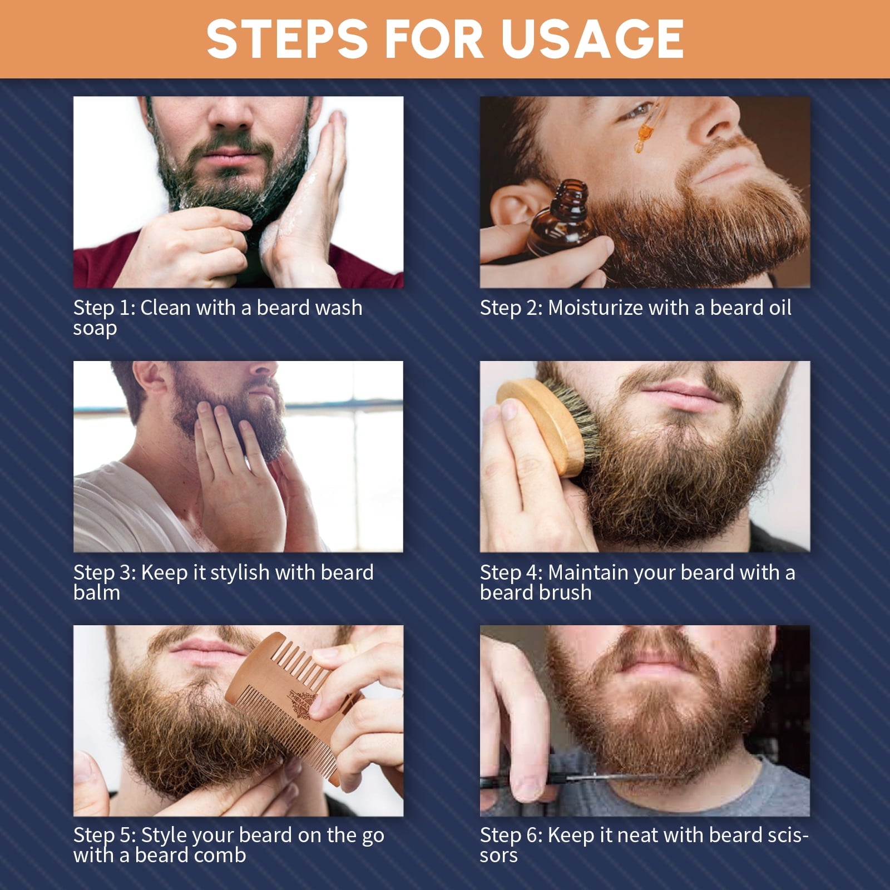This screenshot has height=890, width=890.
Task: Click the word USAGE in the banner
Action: point(592,39)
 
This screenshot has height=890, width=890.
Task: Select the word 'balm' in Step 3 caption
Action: point(97,593)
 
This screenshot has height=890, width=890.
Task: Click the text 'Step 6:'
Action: point(511,835)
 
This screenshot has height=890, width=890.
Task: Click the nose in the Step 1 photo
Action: point(234,114)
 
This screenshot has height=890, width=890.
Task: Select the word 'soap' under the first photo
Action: point(95,328)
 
